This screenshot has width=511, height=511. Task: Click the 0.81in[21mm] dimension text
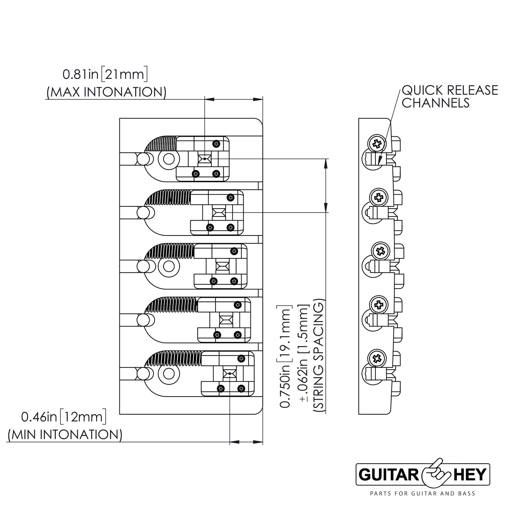[105, 75]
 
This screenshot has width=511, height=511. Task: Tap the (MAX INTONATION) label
[106, 92]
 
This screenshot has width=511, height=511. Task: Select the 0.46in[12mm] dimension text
[64, 417]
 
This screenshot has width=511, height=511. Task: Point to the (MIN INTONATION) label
[65, 435]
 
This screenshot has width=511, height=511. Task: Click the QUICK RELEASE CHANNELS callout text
[449, 97]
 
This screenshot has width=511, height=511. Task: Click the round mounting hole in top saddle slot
[168, 159]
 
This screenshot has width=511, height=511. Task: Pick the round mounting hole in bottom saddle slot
[168, 373]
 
